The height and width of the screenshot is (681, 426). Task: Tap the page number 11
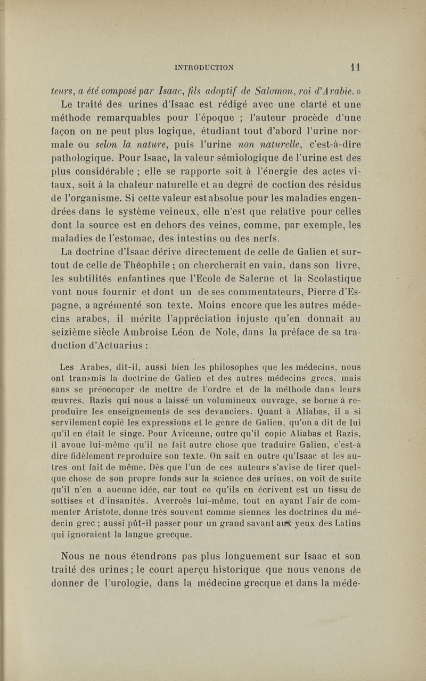click(x=356, y=67)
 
